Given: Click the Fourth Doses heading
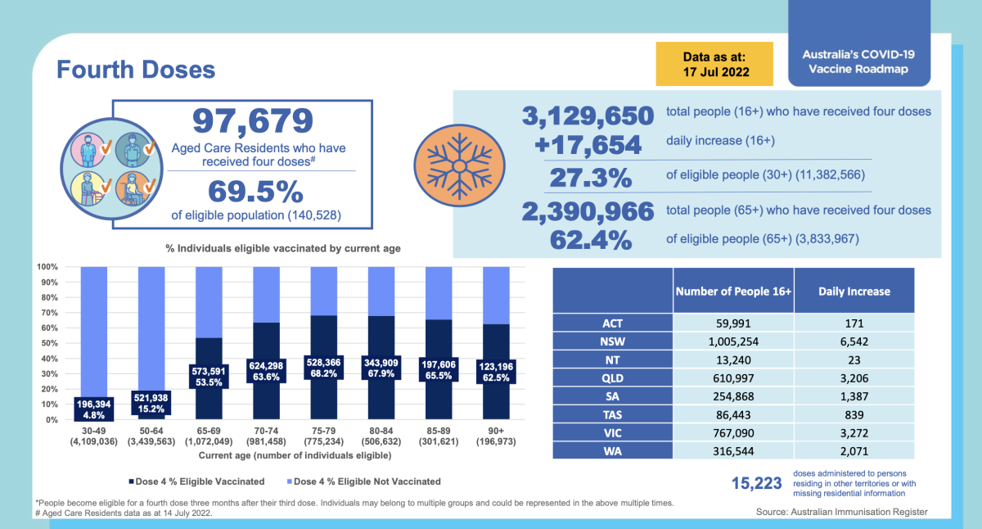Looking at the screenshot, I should pyautogui.click(x=136, y=69).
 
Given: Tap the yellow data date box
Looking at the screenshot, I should pyautogui.click(x=714, y=64).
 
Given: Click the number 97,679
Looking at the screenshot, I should pyautogui.click(x=252, y=121).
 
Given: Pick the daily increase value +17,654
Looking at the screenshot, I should pyautogui.click(x=588, y=145).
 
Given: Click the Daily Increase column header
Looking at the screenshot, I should pyautogui.click(x=854, y=291).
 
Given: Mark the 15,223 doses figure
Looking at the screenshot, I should pyautogui.click(x=756, y=484).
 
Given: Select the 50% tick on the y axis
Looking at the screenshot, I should pyautogui.click(x=47, y=343).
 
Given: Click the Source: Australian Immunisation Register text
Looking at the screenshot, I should pyautogui.click(x=842, y=512).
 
